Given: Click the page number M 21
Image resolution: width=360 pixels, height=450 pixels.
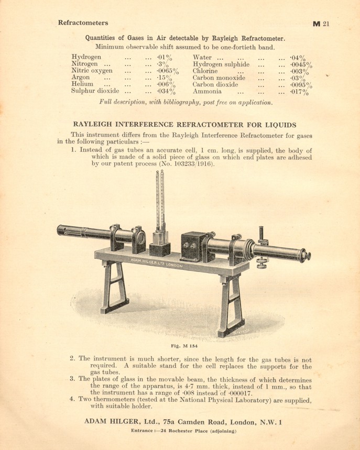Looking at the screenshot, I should [320, 24].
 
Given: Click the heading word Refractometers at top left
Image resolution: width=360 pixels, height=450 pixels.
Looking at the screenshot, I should [83, 23].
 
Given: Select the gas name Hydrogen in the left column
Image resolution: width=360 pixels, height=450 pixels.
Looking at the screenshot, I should [86, 57].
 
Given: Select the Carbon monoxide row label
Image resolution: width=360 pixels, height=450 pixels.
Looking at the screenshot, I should [219, 78].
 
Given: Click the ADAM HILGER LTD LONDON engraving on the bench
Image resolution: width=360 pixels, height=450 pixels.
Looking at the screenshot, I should [156, 262].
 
